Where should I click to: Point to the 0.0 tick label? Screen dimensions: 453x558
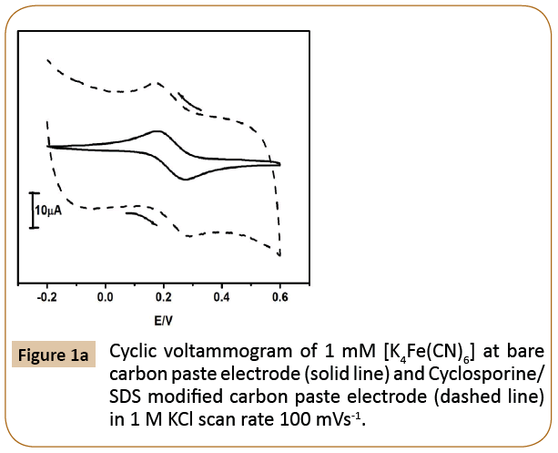click(x=105, y=296)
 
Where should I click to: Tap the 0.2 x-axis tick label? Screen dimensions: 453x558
click(x=163, y=296)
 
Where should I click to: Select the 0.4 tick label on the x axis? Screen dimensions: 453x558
click(x=221, y=296)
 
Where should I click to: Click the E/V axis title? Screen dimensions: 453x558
click(x=162, y=321)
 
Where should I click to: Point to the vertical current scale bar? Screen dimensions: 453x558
click(x=34, y=210)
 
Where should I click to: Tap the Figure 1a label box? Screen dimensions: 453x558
click(x=54, y=354)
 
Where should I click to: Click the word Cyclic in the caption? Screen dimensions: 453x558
click(x=133, y=352)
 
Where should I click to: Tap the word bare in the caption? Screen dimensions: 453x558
click(x=522, y=352)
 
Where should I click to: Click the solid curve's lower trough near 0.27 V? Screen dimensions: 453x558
click(x=186, y=180)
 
